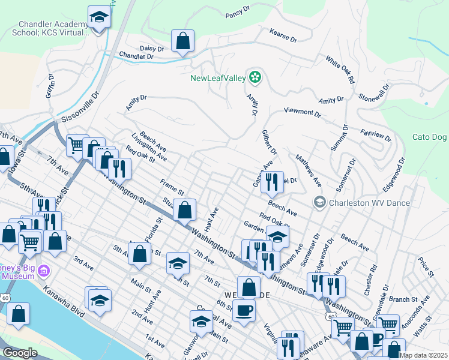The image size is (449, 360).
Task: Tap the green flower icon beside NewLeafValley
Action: pyautogui.click(x=255, y=77)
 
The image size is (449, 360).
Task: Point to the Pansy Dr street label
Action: pyautogui.click(x=238, y=14)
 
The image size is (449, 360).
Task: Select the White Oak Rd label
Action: pyautogui.click(x=340, y=70)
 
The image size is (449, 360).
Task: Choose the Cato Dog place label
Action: pyautogui.click(x=430, y=137)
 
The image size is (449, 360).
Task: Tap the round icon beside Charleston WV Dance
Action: pyautogui.click(x=319, y=202)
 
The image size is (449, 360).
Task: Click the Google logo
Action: pyautogui.click(x=19, y=353)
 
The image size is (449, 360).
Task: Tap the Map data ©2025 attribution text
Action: pyautogui.click(x=423, y=355)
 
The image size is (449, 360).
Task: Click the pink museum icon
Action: pyautogui.click(x=43, y=271)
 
